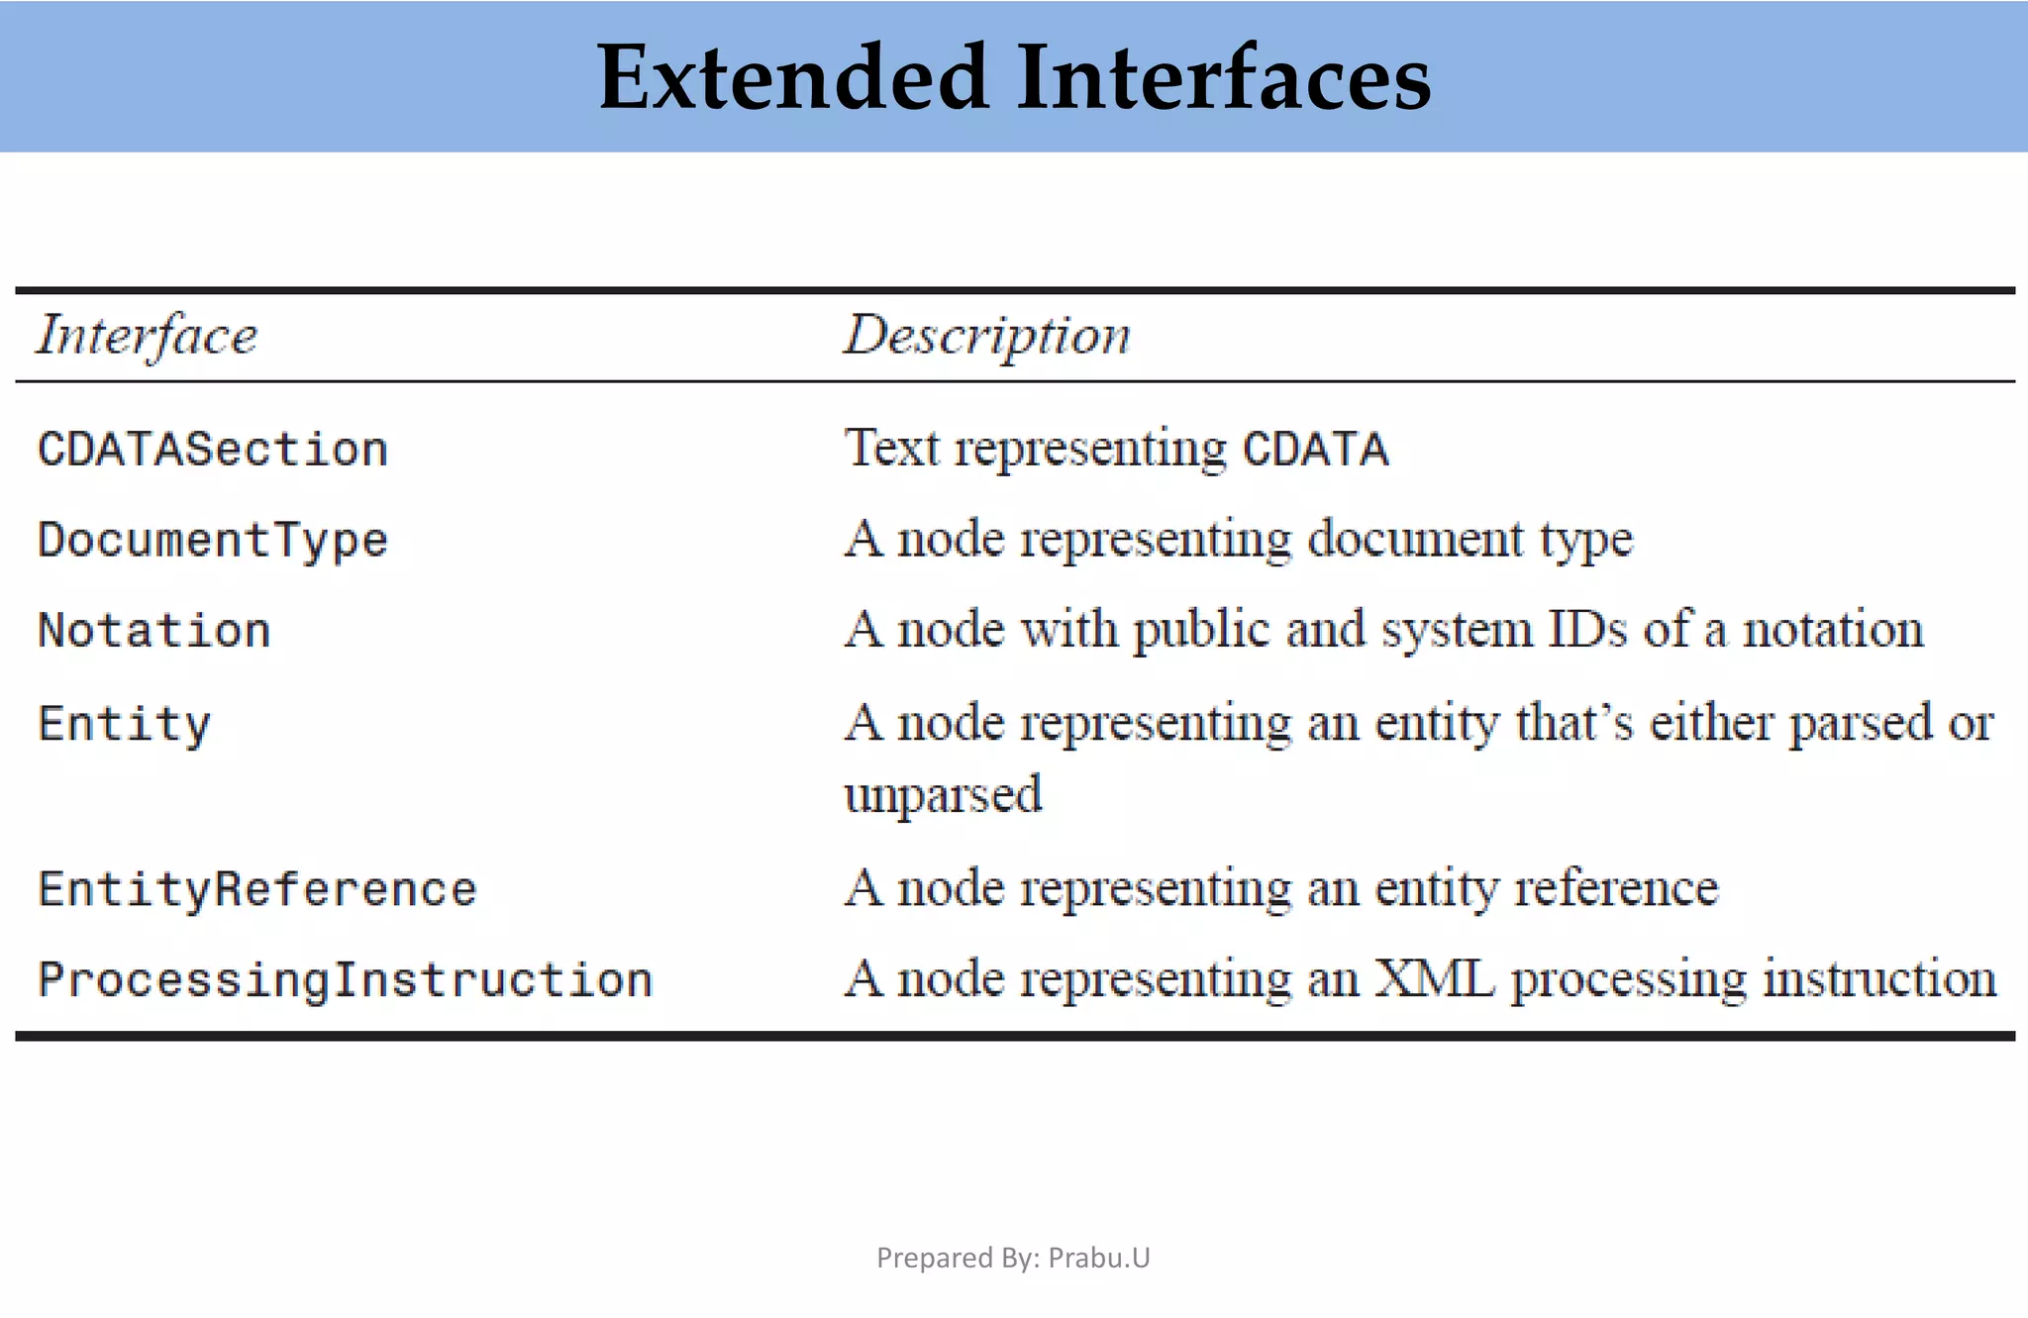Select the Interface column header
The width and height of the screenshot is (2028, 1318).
pyautogui.click(x=147, y=335)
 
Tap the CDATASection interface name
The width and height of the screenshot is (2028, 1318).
pyautogui.click(x=212, y=450)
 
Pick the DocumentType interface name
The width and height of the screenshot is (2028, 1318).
pyautogui.click(x=212, y=541)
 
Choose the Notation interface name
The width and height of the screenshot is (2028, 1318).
pyautogui.click(x=153, y=631)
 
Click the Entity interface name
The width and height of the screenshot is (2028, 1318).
pyautogui.click(x=124, y=724)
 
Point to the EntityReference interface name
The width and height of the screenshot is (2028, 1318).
pyautogui.click(x=256, y=888)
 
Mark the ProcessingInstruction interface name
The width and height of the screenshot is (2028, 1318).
pyautogui.click(x=345, y=979)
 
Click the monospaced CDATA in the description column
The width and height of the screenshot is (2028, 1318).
pyautogui.click(x=1316, y=450)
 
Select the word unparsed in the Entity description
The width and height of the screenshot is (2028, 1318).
pyautogui.click(x=943, y=794)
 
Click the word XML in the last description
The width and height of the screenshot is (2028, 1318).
pyautogui.click(x=1434, y=978)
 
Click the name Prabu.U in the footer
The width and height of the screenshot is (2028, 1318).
pyautogui.click(x=1099, y=1258)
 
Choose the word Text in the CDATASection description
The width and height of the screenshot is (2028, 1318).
pyautogui.click(x=891, y=448)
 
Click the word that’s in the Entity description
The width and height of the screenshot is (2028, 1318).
pyautogui.click(x=1573, y=722)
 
